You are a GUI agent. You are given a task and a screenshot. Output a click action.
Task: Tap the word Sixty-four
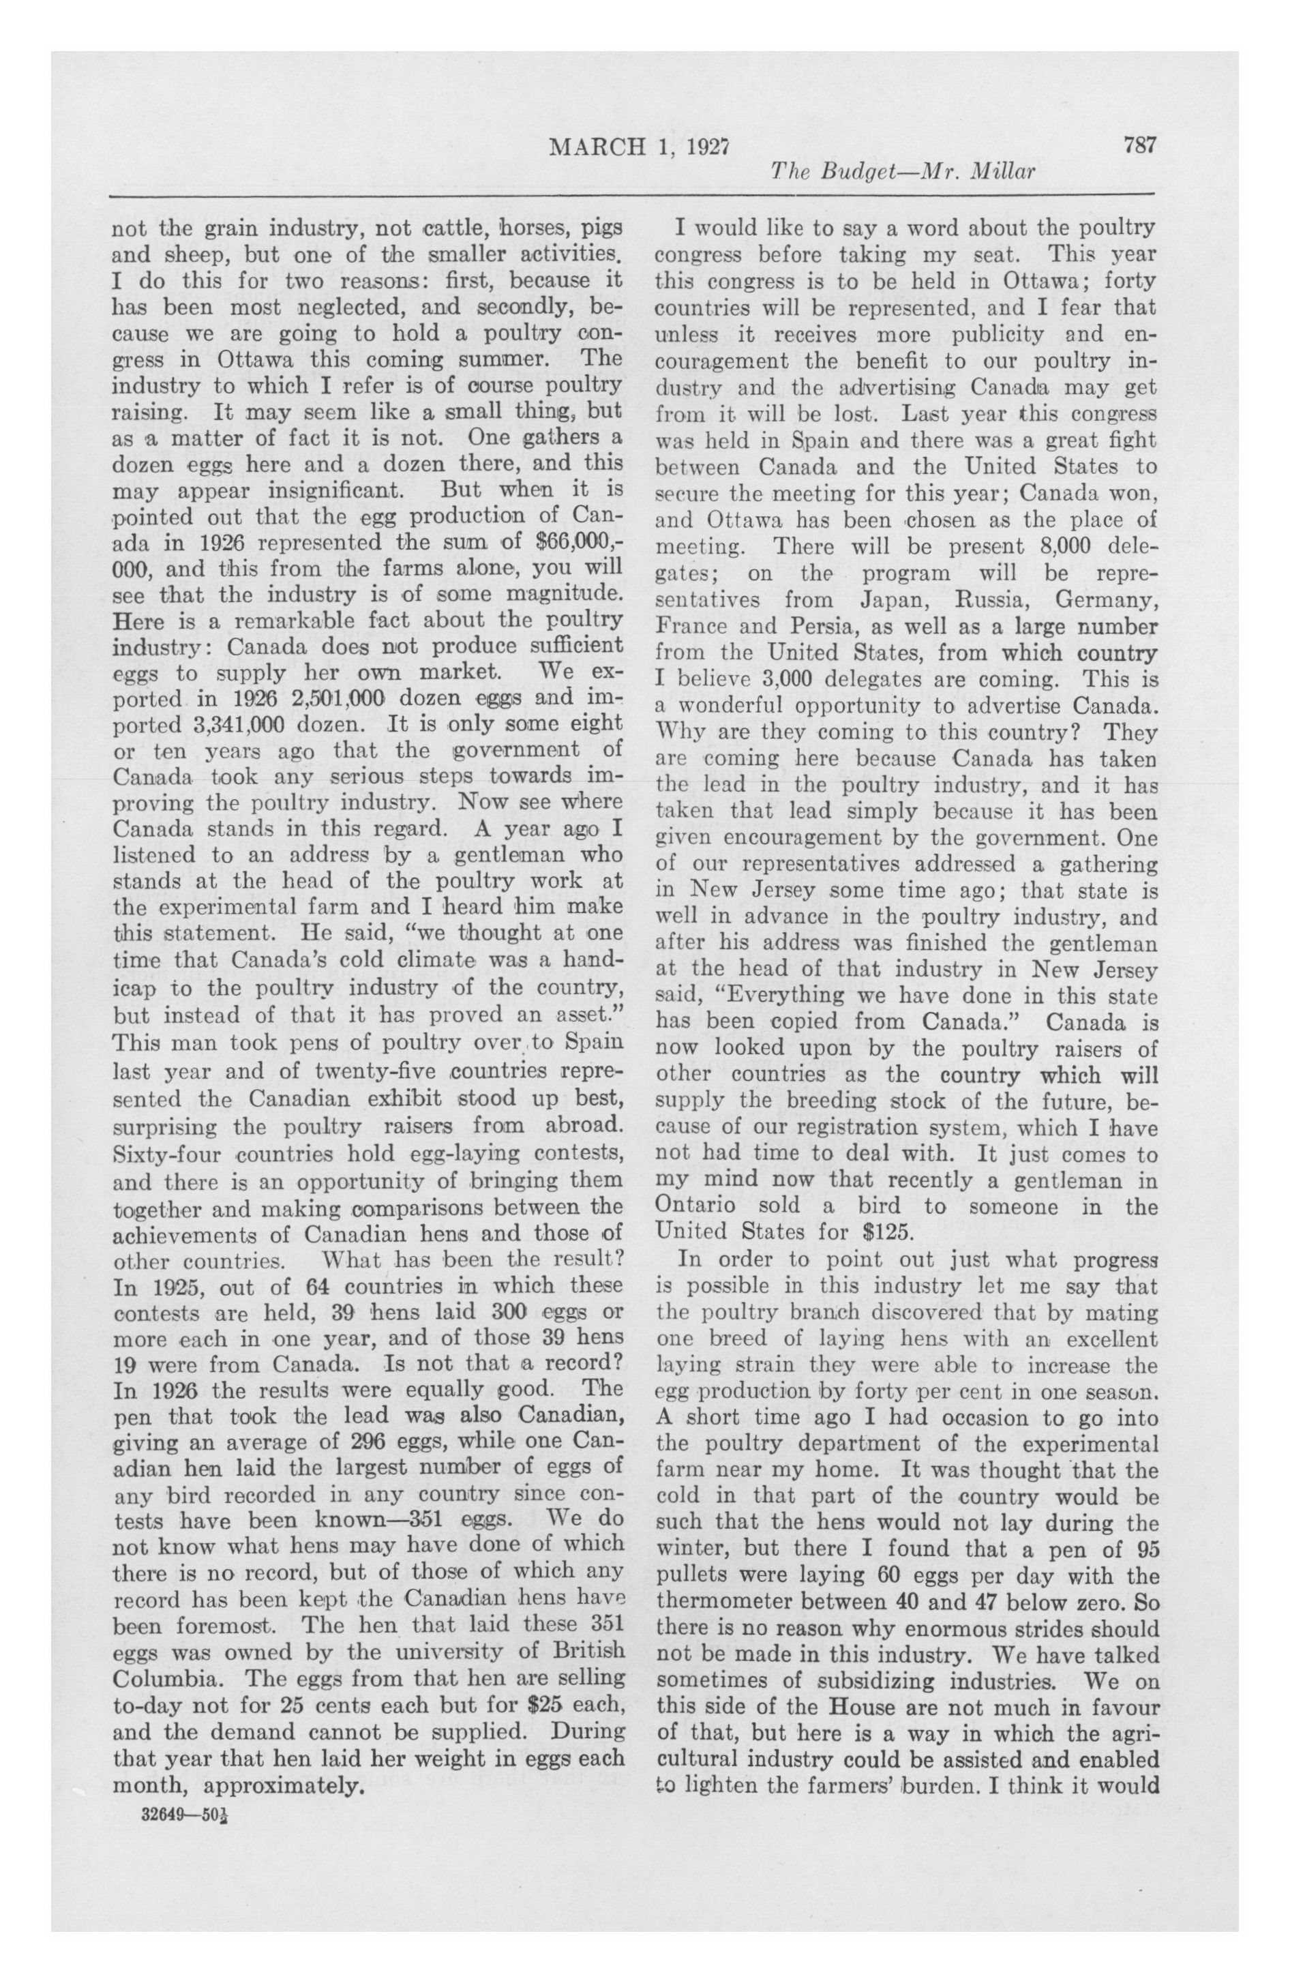166,1154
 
